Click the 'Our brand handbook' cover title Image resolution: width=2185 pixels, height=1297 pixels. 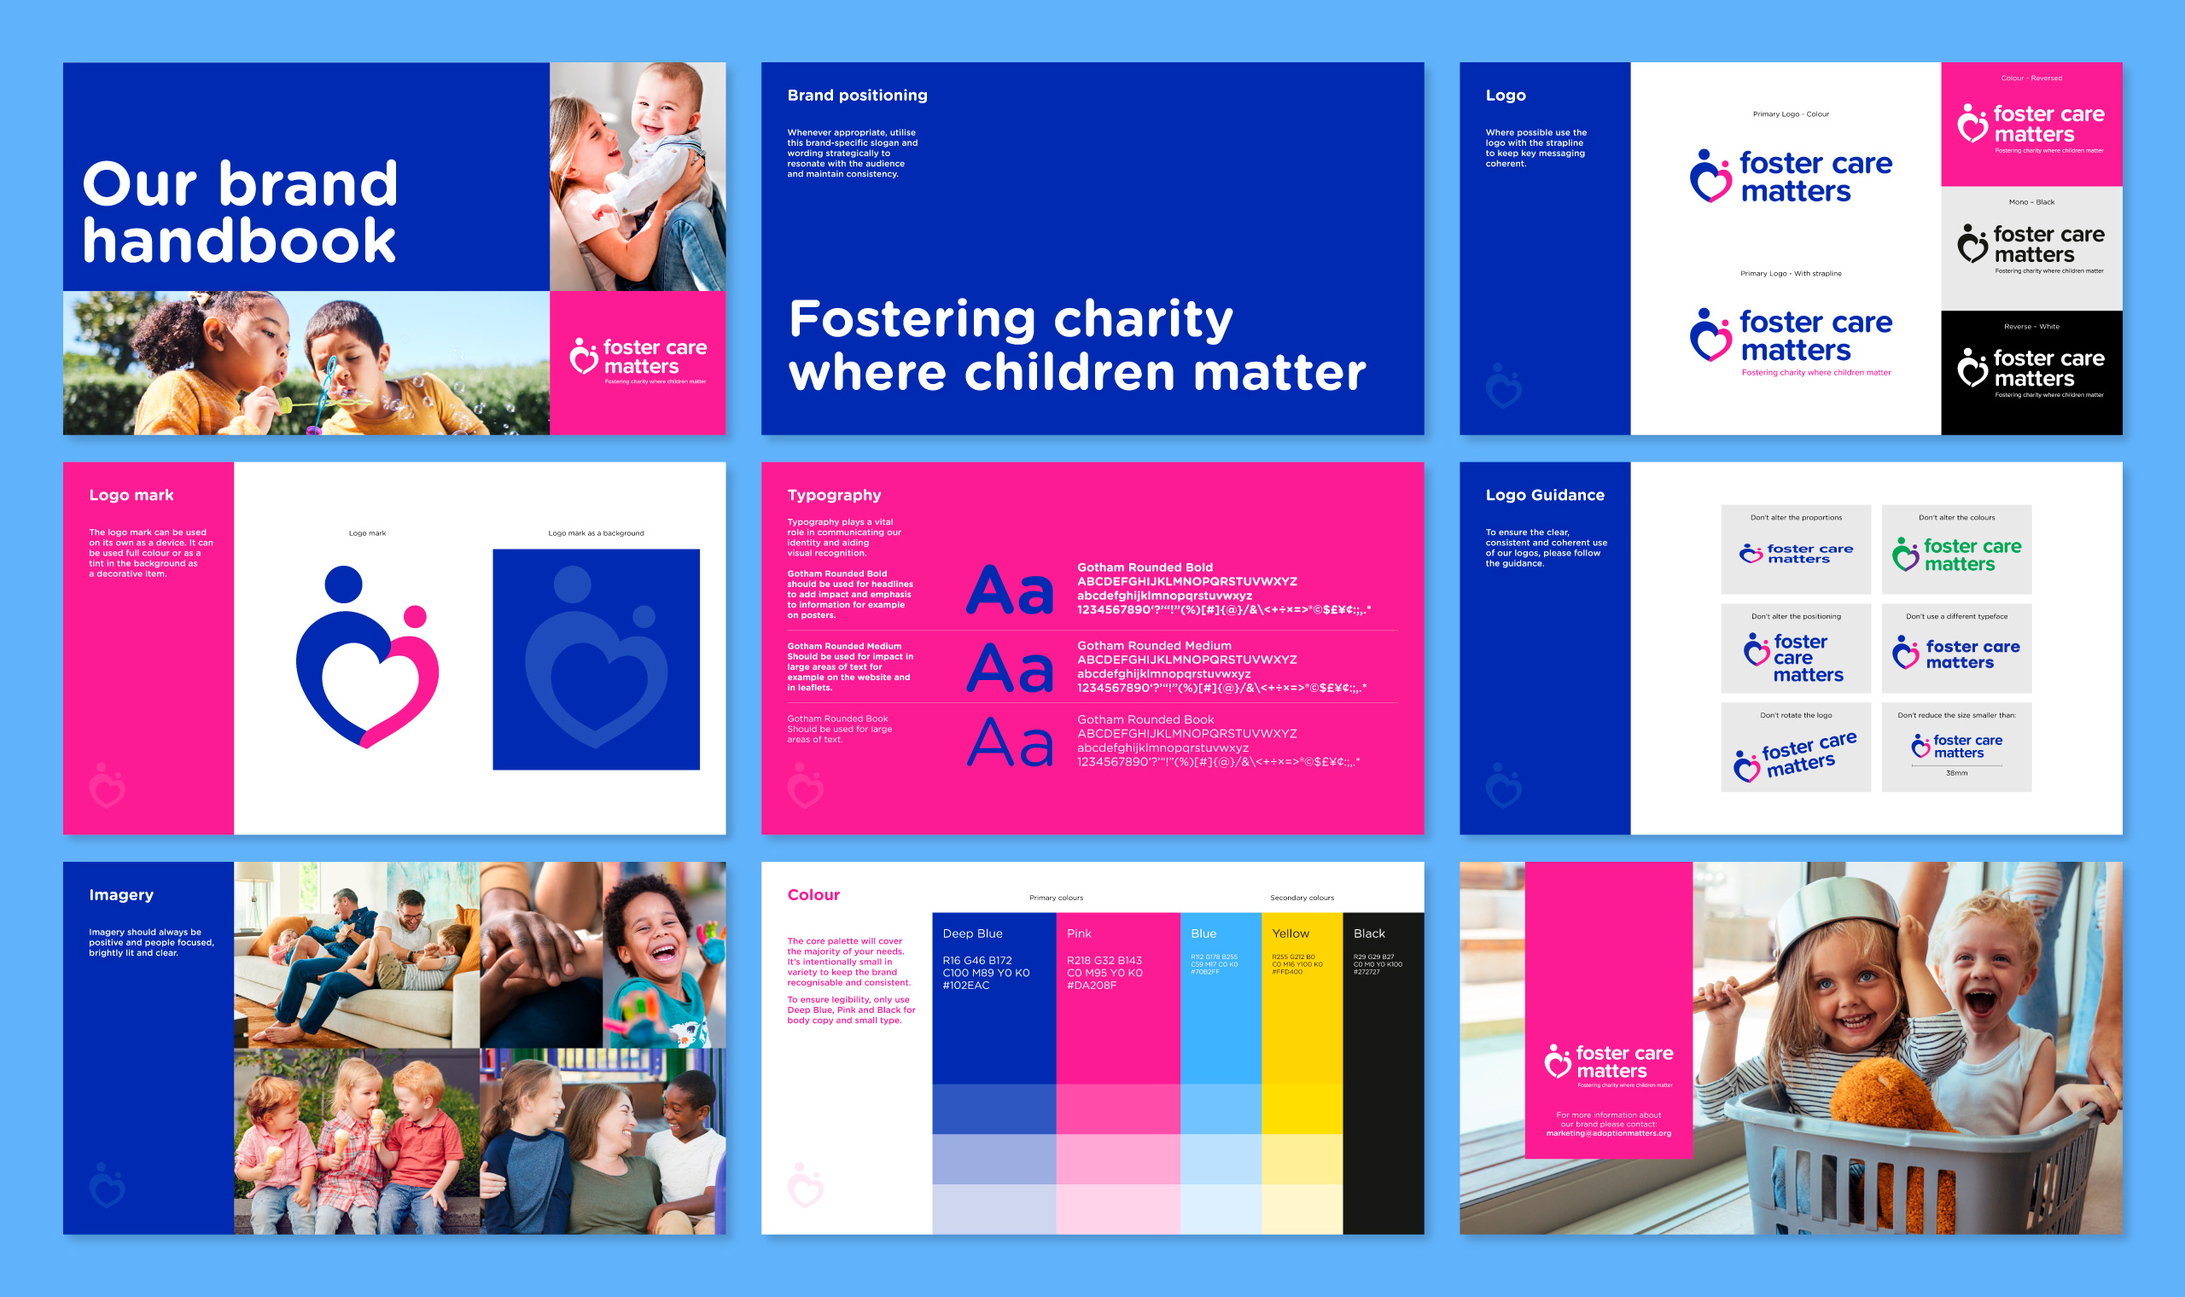(x=241, y=212)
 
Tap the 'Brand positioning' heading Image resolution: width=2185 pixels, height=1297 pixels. (x=857, y=96)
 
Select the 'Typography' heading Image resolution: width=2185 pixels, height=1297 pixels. (x=834, y=495)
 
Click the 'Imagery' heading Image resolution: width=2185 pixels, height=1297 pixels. (x=120, y=894)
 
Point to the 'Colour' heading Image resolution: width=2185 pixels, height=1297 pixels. (x=813, y=894)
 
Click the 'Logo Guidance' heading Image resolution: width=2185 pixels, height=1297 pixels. (x=1544, y=495)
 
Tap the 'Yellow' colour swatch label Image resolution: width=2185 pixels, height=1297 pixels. (x=1290, y=933)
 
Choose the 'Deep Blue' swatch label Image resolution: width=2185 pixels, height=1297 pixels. (x=972, y=933)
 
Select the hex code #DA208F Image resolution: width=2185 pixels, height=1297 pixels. (x=1091, y=985)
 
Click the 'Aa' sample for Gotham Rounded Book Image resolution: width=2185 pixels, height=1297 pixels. (x=1010, y=743)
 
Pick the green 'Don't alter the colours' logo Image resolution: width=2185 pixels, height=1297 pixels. (x=1956, y=554)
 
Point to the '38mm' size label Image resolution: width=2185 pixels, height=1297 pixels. (x=1956, y=773)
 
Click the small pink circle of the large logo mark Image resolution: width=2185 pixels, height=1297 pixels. (x=415, y=616)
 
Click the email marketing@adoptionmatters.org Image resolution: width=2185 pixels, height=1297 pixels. (x=1608, y=1133)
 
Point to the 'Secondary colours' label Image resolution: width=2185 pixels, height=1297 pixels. (x=1302, y=898)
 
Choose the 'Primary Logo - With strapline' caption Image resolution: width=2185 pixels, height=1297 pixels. (x=1790, y=274)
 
